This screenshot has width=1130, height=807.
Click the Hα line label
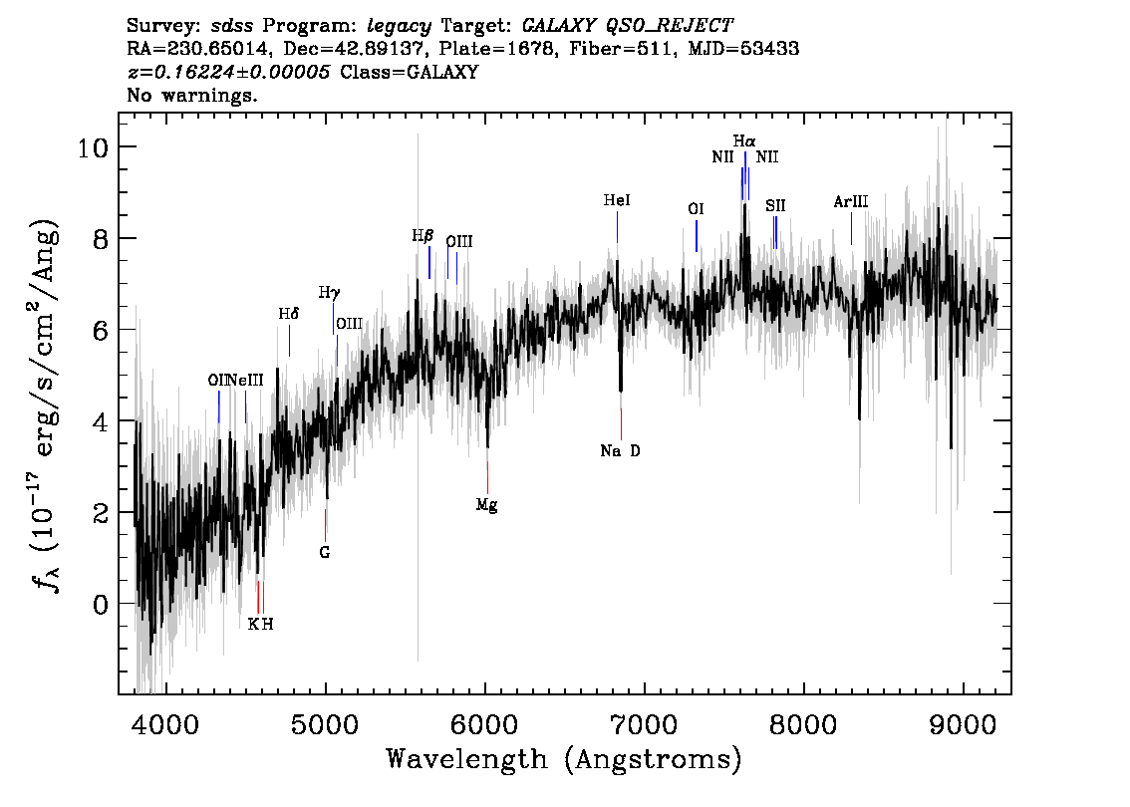(744, 141)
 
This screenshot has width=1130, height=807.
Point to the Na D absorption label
(620, 451)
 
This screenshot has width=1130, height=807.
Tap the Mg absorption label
(486, 505)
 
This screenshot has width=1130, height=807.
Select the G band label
(325, 552)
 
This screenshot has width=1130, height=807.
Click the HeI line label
(617, 201)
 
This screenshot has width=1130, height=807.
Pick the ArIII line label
(851, 202)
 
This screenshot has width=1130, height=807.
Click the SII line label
(775, 205)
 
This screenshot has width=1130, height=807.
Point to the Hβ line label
(423, 237)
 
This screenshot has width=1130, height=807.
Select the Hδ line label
(288, 314)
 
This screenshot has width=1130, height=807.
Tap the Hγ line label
(329, 293)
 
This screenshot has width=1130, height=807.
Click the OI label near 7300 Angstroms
(696, 209)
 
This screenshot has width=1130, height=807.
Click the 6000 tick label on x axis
(485, 718)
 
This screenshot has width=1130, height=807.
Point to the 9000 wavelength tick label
(963, 718)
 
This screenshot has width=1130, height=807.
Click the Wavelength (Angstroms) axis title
(564, 760)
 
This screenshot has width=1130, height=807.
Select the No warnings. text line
(192, 96)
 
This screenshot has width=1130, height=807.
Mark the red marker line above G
(325, 523)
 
